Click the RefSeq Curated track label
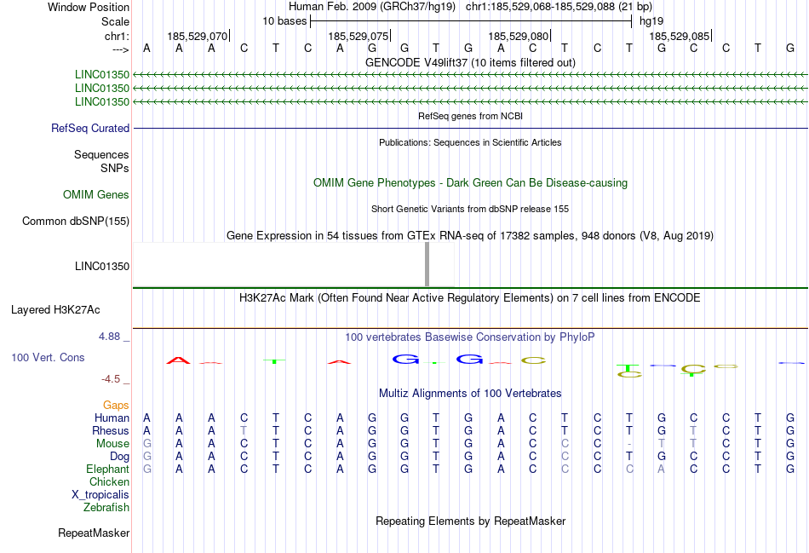[90, 129]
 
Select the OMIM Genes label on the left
[96, 195]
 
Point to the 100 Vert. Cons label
[48, 358]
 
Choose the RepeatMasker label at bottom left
[94, 533]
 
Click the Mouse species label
[112, 444]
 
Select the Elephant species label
[107, 469]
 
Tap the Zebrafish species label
[106, 508]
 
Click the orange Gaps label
[116, 405]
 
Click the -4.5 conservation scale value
[113, 379]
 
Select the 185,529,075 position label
[358, 37]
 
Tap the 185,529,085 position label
[679, 37]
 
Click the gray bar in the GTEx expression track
[427, 264]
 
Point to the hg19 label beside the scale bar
[651, 20]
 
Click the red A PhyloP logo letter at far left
[178, 360]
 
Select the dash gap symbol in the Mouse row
[628, 444]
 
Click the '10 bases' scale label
[284, 20]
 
